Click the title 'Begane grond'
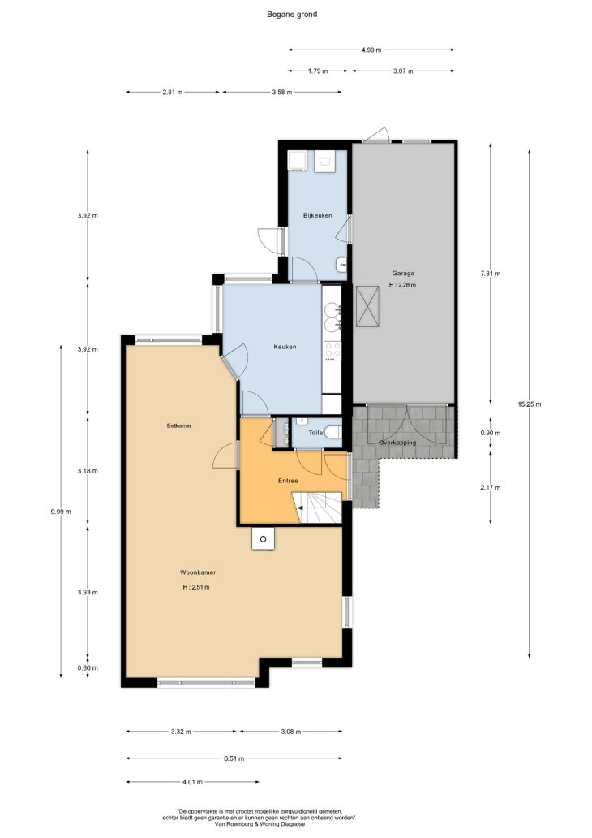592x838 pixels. [x=292, y=15]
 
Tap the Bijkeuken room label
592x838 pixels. [x=318, y=215]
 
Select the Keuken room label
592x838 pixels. [x=285, y=347]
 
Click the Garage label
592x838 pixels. [x=402, y=273]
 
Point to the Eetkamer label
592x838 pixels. [x=179, y=426]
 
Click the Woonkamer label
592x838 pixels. [x=198, y=572]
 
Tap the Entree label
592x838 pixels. [x=288, y=481]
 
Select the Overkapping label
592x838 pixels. [x=397, y=443]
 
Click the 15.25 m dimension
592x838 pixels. [x=529, y=404]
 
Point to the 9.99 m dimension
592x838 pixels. [x=61, y=512]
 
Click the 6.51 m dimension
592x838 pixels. [x=234, y=758]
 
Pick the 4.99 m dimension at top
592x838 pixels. [x=371, y=50]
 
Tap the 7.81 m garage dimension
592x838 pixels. [x=491, y=273]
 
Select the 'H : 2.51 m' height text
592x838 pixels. [x=196, y=587]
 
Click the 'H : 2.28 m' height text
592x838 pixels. [x=402, y=285]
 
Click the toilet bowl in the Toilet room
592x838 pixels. [x=332, y=431]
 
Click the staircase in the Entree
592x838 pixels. [x=317, y=508]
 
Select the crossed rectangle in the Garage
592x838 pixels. [x=368, y=306]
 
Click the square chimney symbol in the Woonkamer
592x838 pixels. [x=264, y=538]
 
